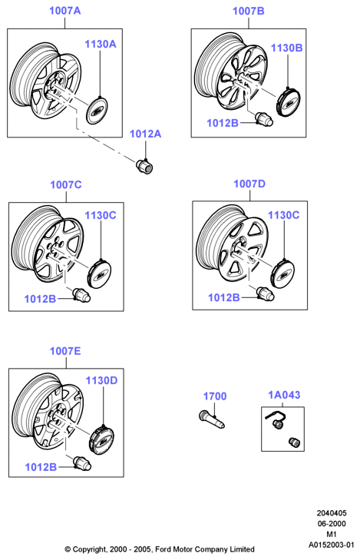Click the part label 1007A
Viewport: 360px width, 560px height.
[x=65, y=11]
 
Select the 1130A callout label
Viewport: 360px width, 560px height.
[x=101, y=44]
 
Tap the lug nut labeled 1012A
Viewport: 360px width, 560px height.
[x=144, y=166]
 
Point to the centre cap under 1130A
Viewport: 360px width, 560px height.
[x=97, y=110]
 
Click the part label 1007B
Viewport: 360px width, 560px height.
[x=249, y=11]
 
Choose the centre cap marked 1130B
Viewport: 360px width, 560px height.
[x=288, y=102]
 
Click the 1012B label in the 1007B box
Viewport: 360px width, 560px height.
[x=223, y=123]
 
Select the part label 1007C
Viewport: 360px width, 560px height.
[x=66, y=184]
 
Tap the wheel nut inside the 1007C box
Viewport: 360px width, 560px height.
[x=81, y=295]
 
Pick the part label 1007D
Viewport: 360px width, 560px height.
[x=249, y=184]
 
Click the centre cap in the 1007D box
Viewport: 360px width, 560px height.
[x=283, y=273]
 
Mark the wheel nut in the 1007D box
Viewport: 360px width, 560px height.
[x=265, y=293]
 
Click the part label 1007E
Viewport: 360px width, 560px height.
[x=65, y=351]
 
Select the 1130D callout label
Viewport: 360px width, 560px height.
[x=101, y=381]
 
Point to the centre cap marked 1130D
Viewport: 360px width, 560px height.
[x=101, y=439]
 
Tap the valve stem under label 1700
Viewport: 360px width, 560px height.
[x=212, y=419]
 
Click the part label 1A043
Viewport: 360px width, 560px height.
[x=284, y=395]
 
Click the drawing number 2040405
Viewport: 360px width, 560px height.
[x=332, y=513]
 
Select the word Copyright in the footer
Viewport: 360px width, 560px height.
[x=90, y=549]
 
